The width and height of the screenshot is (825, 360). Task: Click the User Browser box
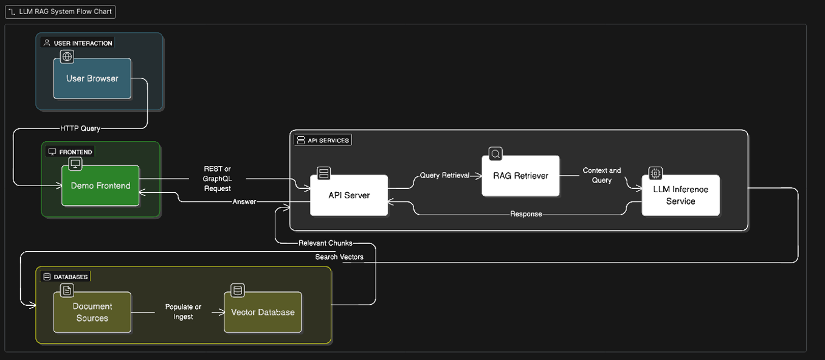point(92,78)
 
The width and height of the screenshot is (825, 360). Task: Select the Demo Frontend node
point(100,185)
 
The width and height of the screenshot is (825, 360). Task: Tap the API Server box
point(349,195)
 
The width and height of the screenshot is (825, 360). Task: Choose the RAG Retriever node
point(520,176)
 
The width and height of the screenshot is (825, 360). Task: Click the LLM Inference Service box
point(680,195)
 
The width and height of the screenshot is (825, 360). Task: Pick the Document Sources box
point(92,312)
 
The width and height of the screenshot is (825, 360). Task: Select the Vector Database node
point(263,312)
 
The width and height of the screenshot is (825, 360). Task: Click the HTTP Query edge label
point(80,128)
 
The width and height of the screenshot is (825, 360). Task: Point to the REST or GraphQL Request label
point(217,178)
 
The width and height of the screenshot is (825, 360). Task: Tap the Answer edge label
point(244,201)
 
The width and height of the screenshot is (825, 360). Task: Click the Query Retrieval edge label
point(445,176)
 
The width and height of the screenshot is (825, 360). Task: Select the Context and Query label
point(601,175)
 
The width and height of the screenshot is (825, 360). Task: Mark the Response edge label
point(526,214)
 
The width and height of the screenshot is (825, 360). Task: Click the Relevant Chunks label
point(325,243)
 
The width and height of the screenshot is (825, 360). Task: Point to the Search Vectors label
point(339,257)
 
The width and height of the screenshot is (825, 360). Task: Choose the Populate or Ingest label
point(183,311)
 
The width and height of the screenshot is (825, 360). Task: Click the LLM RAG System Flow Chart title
point(60,12)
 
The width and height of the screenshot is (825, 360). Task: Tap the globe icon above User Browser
point(67,57)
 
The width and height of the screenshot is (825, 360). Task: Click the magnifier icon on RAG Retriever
point(495,154)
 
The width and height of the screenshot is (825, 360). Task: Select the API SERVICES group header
point(322,140)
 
